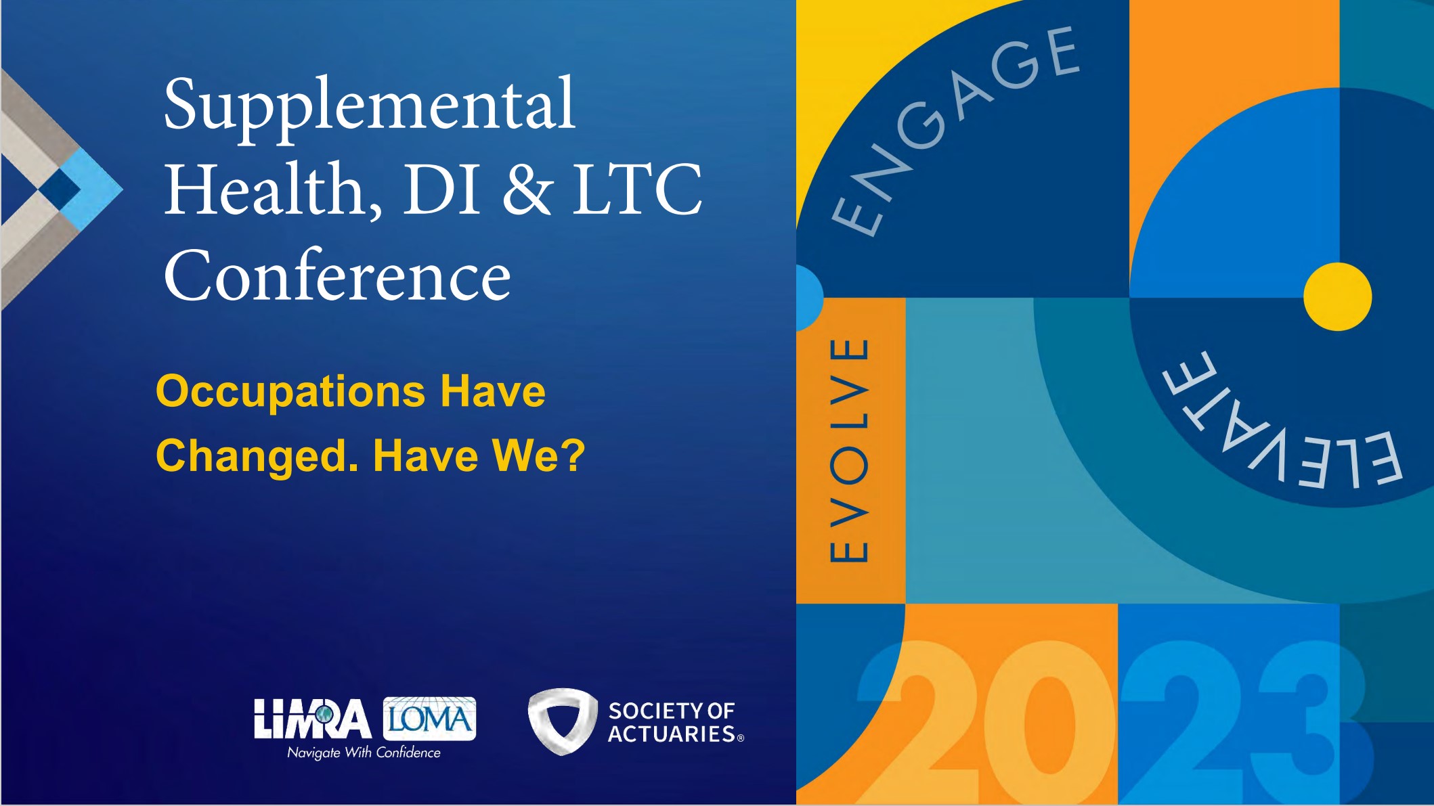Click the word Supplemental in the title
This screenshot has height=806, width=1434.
[370, 108]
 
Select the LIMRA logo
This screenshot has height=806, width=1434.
[312, 719]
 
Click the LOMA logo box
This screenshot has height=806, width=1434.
[429, 718]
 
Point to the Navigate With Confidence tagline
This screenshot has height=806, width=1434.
[364, 753]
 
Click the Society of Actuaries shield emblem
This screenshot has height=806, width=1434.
[561, 721]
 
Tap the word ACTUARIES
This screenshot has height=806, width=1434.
[672, 734]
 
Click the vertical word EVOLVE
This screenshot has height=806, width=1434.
[849, 450]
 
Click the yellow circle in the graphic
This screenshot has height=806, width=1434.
[1338, 296]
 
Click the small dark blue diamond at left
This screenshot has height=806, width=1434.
[60, 188]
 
